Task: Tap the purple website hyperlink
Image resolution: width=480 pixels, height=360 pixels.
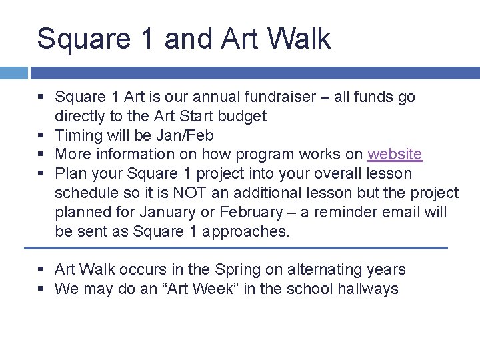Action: [x=395, y=154]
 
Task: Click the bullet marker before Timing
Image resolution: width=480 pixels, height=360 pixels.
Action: [x=41, y=135]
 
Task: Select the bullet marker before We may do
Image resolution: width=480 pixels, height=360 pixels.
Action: [x=41, y=289]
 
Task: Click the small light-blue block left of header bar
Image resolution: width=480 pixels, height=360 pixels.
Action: [x=13, y=73]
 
